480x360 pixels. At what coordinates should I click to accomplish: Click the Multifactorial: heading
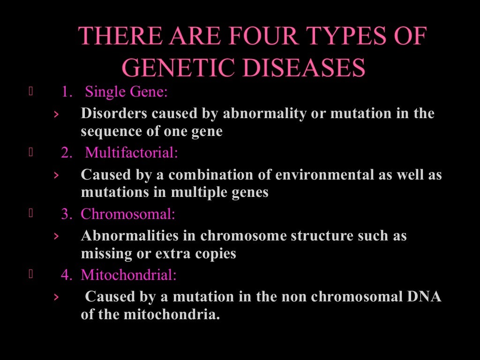coord(132,153)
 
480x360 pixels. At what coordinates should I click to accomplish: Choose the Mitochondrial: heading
coord(129,275)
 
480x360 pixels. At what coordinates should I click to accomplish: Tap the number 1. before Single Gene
coord(67,92)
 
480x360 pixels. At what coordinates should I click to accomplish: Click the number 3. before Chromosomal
coord(67,214)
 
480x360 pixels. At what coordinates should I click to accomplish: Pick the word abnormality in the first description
coord(264,114)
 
